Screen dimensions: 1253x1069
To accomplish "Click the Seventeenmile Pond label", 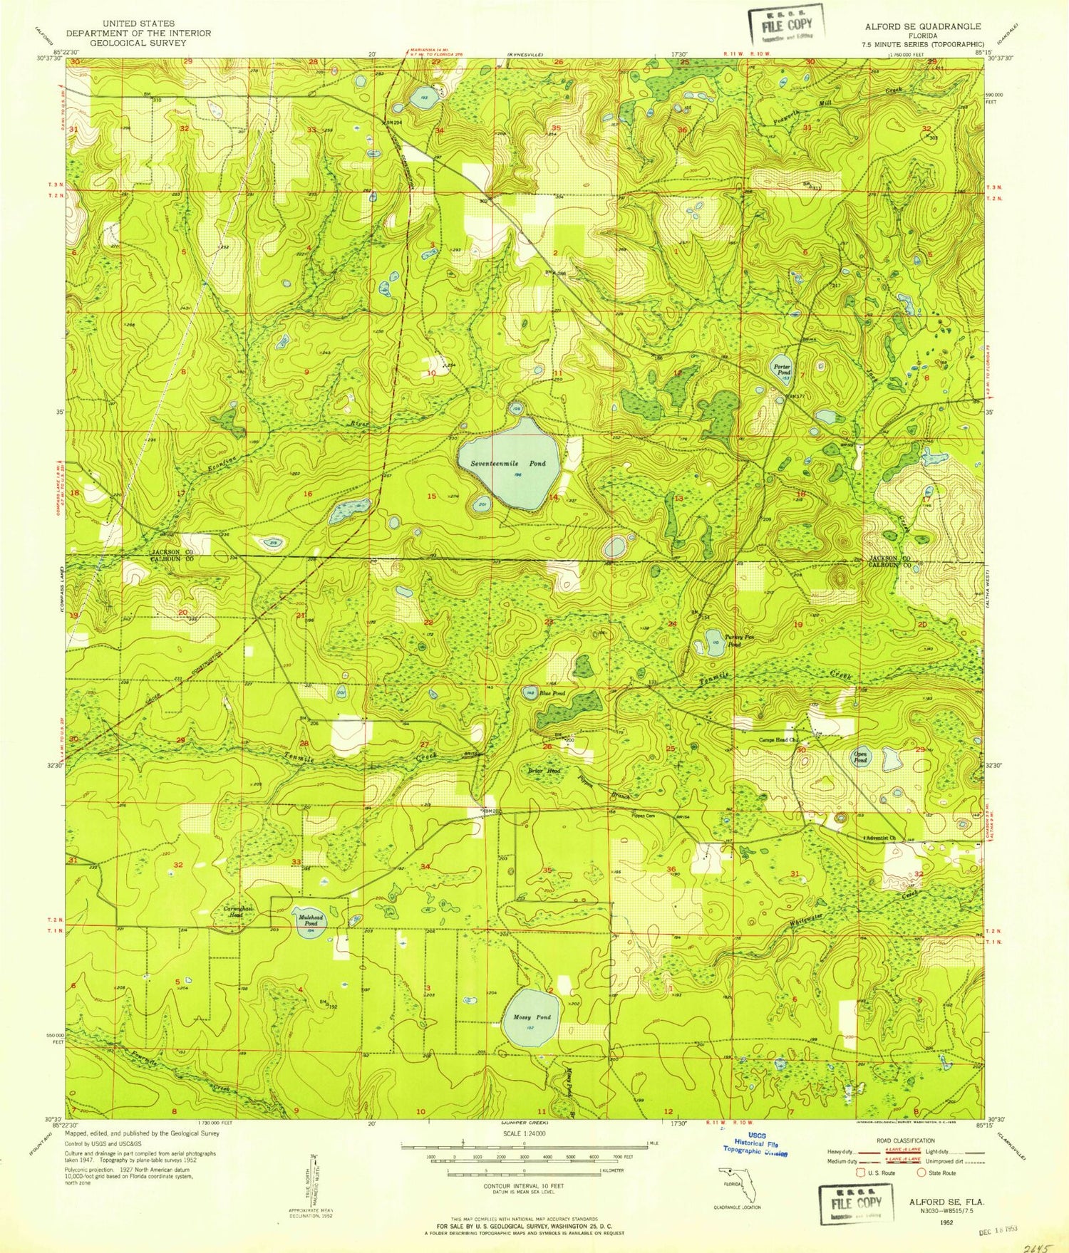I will pyautogui.click(x=507, y=463).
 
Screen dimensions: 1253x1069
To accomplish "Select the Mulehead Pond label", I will pyautogui.click(x=310, y=920).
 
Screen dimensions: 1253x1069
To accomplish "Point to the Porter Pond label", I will pyautogui.click(x=783, y=369).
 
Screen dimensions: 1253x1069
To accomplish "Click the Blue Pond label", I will pyautogui.click(x=552, y=693).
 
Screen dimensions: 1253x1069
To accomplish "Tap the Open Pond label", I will pyautogui.click(x=861, y=757).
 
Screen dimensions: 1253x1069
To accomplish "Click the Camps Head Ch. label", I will pyautogui.click(x=778, y=740).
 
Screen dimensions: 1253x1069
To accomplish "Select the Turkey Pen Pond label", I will pyautogui.click(x=730, y=640).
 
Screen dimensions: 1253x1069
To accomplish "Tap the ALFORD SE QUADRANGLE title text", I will pyautogui.click(x=923, y=26).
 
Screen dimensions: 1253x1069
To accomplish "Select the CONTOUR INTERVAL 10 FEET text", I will pyautogui.click(x=525, y=1185).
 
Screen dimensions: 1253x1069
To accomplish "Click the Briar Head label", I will pyautogui.click(x=544, y=771).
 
